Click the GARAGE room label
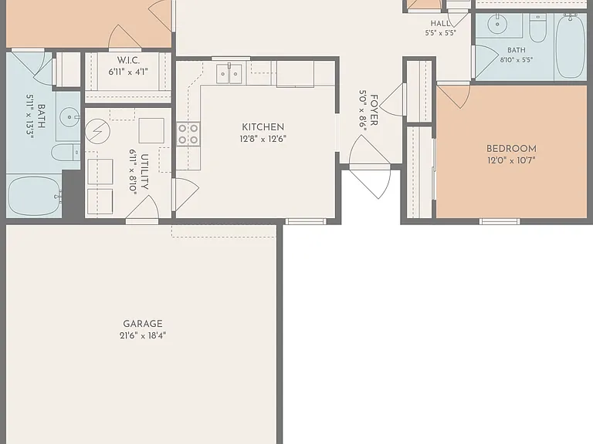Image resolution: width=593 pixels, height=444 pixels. (143, 324)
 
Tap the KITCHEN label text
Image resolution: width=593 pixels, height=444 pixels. (263, 127)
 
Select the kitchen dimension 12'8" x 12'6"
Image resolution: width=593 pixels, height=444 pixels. (263, 139)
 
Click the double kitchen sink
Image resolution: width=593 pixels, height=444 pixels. (229, 74)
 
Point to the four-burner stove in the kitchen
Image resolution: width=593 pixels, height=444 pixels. (188, 134)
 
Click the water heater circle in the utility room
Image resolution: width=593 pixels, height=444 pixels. (97, 131)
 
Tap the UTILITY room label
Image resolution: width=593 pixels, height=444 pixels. (144, 172)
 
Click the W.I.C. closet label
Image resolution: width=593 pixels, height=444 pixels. (128, 60)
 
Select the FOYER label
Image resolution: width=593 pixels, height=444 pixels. (374, 110)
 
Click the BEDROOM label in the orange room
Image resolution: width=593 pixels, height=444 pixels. (511, 148)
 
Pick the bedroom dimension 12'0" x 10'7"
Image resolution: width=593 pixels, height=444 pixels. (511, 160)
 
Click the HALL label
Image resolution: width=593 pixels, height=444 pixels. (440, 23)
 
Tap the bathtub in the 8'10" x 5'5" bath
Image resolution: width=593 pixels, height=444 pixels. (571, 46)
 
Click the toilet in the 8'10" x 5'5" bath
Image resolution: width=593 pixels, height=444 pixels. (537, 29)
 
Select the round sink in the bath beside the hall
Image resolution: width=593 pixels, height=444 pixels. (497, 25)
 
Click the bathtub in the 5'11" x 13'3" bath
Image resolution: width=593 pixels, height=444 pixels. (35, 197)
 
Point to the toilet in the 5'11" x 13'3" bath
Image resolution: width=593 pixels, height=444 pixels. (66, 153)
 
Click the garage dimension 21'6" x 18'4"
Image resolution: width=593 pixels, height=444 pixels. (143, 335)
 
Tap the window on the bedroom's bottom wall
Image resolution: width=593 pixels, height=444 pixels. (500, 222)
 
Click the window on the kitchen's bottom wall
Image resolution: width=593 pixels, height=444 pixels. (306, 222)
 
